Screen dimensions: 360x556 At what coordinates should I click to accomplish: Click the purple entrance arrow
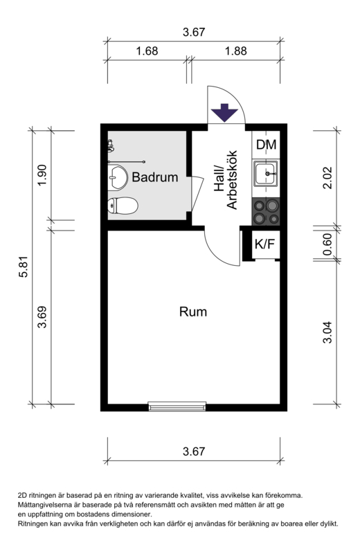pos(224,113)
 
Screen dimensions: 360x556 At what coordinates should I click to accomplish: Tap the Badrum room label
pos(155,177)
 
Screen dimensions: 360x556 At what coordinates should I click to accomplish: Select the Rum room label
pos(193,312)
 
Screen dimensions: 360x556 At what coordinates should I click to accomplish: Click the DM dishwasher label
pos(266,145)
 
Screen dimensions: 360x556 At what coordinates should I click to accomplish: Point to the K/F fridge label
pos(265,244)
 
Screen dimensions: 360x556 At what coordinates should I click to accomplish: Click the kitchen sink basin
pos(265,173)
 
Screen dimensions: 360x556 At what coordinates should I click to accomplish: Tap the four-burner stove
pos(266,212)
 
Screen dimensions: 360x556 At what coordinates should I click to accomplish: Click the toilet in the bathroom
pos(123,206)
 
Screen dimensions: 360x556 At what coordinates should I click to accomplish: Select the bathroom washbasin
pos(118,177)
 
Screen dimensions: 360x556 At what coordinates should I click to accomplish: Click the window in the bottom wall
pos(177,406)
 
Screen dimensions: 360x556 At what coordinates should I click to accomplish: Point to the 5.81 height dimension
pos(23,267)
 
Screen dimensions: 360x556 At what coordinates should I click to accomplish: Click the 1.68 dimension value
pos(147,51)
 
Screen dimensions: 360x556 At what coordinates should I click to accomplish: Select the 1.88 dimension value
pos(236,51)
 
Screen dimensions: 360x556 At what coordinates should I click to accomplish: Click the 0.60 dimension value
pos(327,244)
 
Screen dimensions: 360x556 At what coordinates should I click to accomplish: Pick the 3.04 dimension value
pos(327,332)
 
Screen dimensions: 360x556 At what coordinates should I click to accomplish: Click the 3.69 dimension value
pos(42,316)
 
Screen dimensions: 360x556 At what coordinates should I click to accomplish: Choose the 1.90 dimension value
pos(42,175)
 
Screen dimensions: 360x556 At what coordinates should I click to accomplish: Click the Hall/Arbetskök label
pos(226,180)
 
